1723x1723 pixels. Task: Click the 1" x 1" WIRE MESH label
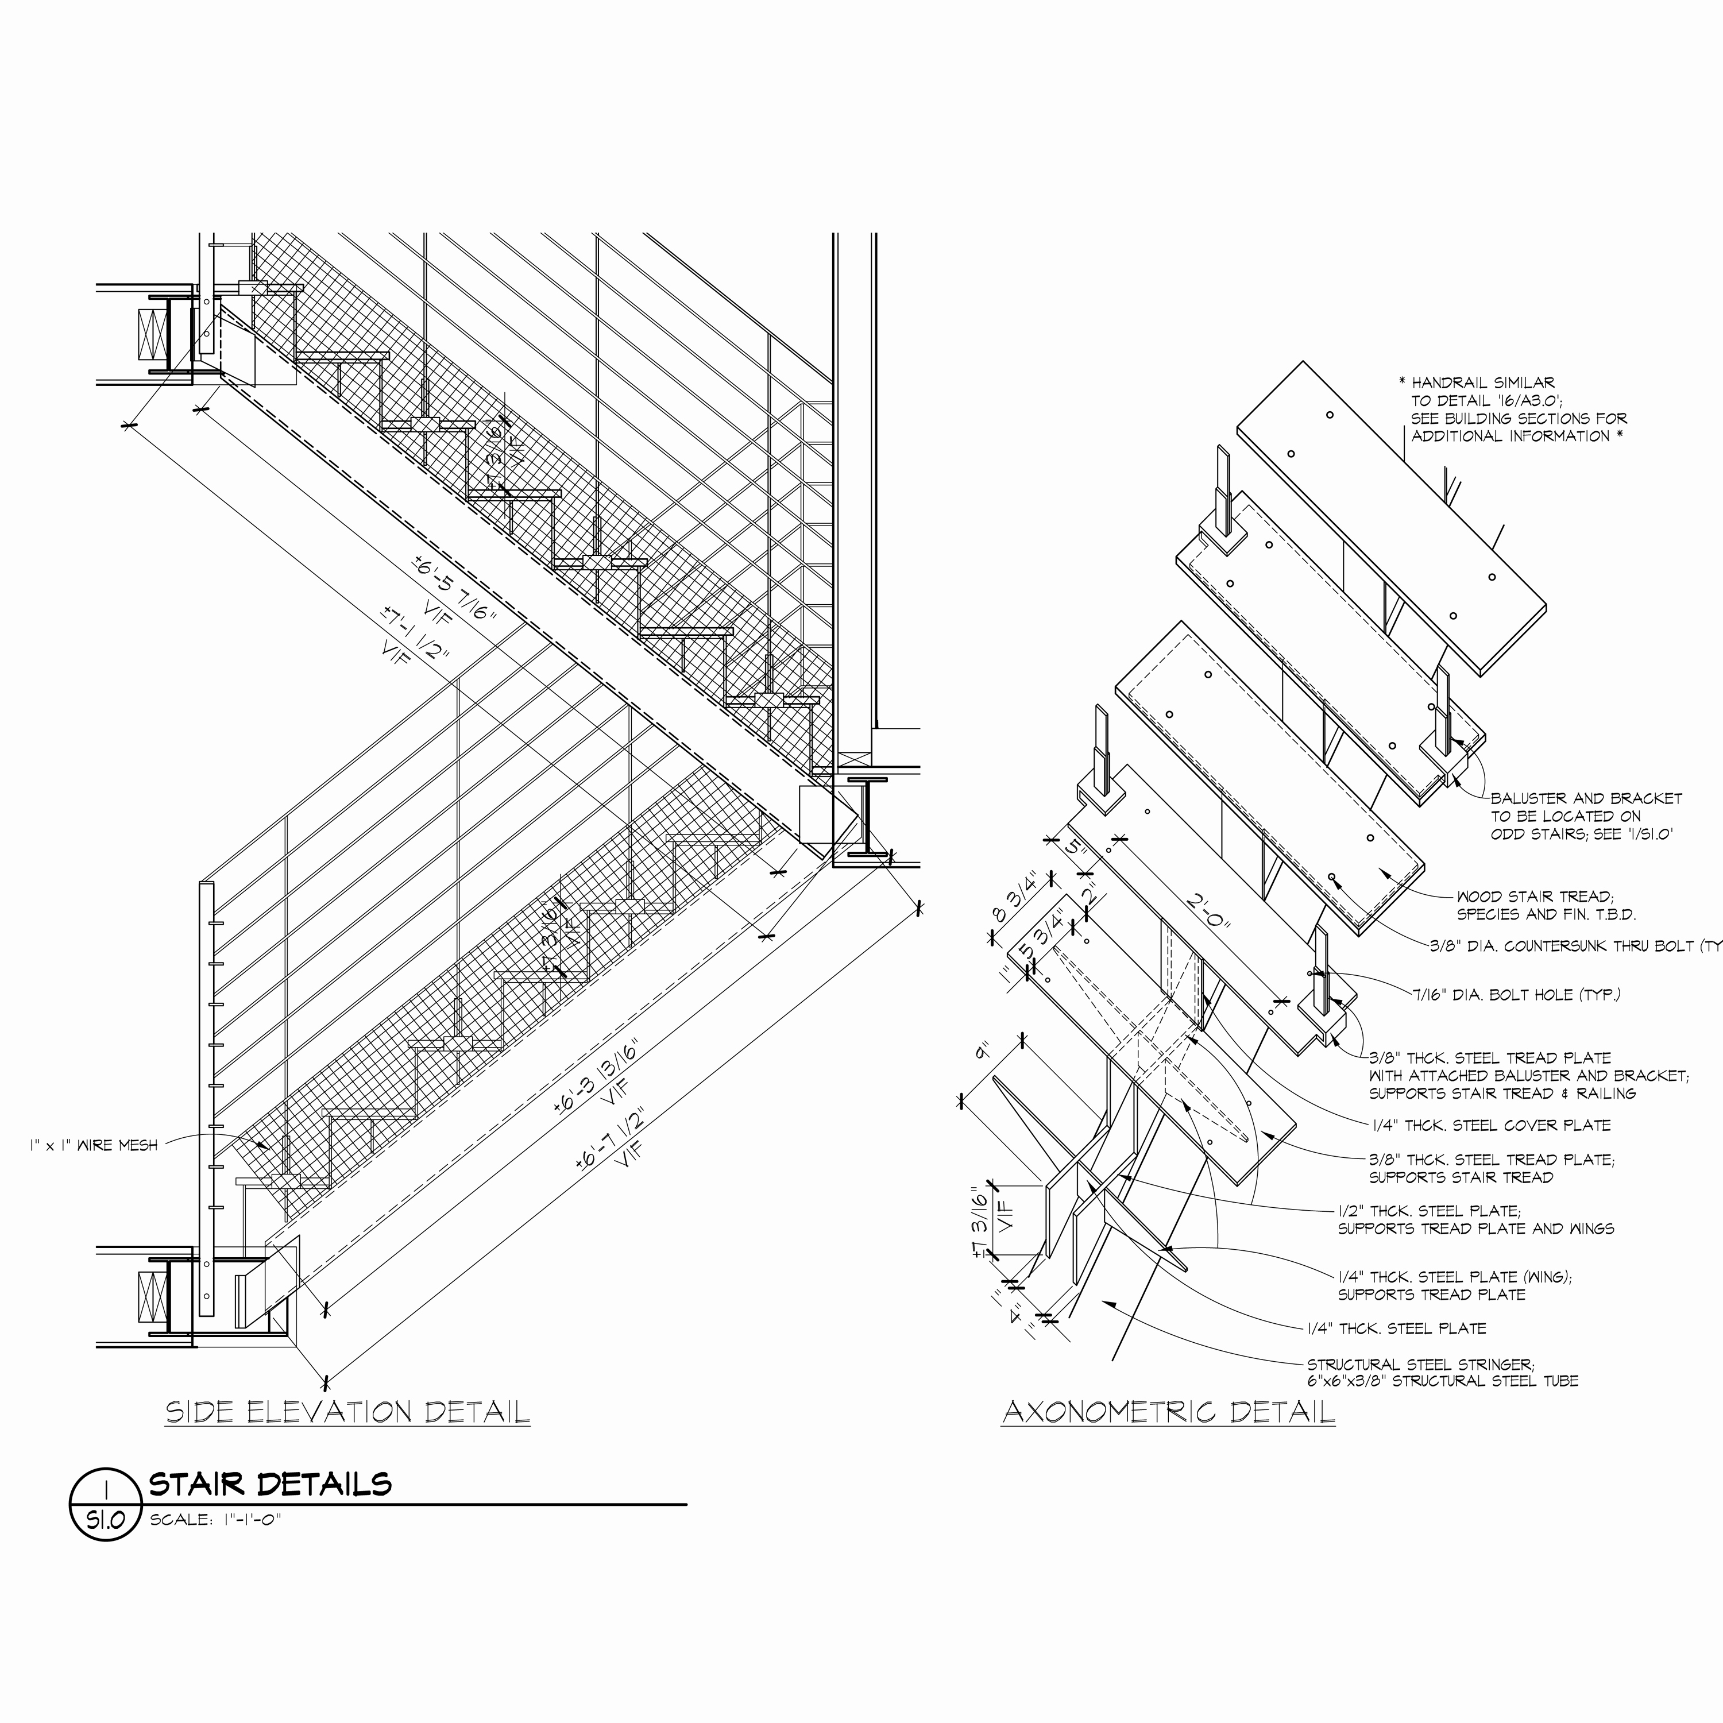coord(94,1145)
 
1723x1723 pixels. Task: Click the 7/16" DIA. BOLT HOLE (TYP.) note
coord(1516,994)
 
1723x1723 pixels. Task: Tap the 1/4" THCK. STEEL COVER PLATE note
coord(1491,1126)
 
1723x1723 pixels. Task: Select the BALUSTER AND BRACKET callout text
coord(1586,798)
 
